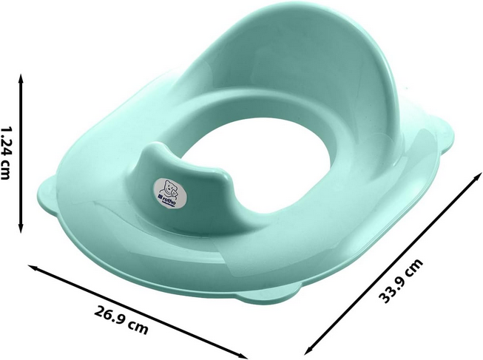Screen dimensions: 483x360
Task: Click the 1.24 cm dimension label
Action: point(6,152)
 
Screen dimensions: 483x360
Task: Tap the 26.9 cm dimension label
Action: point(121,321)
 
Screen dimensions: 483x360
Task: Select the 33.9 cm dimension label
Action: point(401,281)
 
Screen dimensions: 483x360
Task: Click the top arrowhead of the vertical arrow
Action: point(21,78)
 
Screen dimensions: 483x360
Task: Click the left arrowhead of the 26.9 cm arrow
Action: point(33,267)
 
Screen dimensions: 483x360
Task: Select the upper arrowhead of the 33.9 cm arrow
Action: point(478,177)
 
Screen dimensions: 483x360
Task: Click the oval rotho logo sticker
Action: point(170,192)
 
